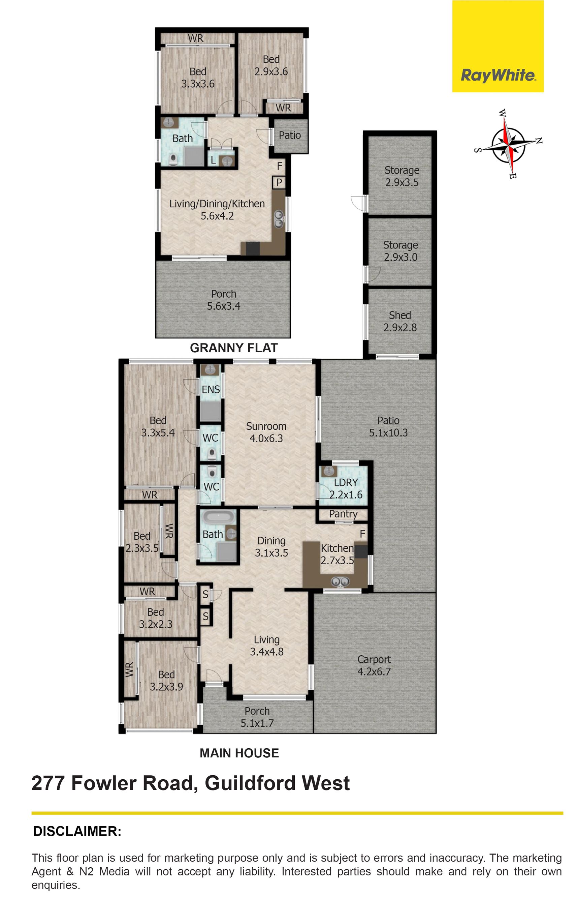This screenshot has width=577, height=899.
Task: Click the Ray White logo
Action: tap(498, 46)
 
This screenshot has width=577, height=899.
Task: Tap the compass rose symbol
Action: tap(508, 144)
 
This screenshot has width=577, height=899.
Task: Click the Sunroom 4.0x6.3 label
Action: tap(266, 432)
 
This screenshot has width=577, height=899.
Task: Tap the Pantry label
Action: tap(343, 514)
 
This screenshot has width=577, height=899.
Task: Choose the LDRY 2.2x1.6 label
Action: tap(346, 488)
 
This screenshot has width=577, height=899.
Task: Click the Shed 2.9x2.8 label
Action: tap(400, 321)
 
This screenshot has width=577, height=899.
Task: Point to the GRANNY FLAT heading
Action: tap(234, 348)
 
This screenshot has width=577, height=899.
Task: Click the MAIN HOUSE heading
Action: tap(239, 753)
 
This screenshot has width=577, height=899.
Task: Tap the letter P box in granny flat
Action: tap(279, 183)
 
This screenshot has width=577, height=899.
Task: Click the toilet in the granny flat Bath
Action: tap(173, 160)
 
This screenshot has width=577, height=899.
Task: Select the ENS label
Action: tap(211, 390)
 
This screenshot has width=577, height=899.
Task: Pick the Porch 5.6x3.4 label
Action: tap(224, 300)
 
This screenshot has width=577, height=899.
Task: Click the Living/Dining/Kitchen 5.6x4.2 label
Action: tap(217, 210)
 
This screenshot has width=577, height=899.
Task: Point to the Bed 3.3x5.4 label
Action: tap(158, 427)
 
